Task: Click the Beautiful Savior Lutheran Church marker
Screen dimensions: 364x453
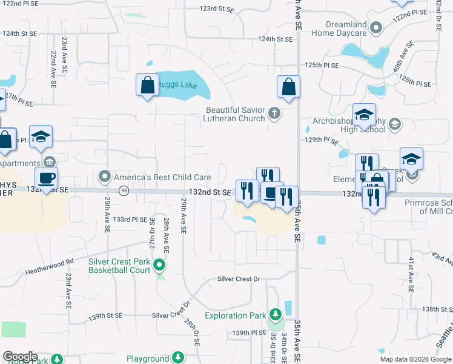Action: [274, 112]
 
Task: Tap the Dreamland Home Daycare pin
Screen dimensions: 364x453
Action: [376, 28]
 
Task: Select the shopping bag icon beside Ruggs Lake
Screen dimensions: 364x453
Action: [147, 86]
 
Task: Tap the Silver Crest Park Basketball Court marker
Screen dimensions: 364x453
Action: [159, 265]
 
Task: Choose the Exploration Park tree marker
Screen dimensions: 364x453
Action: [276, 314]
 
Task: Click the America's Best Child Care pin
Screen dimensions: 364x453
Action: [105, 177]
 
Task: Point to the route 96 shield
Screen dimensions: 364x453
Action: [124, 190]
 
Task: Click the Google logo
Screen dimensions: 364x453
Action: [20, 356]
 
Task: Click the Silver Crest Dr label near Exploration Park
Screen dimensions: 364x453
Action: [239, 279]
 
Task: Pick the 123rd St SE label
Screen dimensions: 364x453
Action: [217, 9]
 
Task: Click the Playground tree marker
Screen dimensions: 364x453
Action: [178, 357]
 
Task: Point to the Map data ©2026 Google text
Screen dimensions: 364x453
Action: [415, 359]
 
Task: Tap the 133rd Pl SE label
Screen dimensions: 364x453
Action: [131, 219]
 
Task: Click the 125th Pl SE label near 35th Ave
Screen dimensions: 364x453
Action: [322, 64]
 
